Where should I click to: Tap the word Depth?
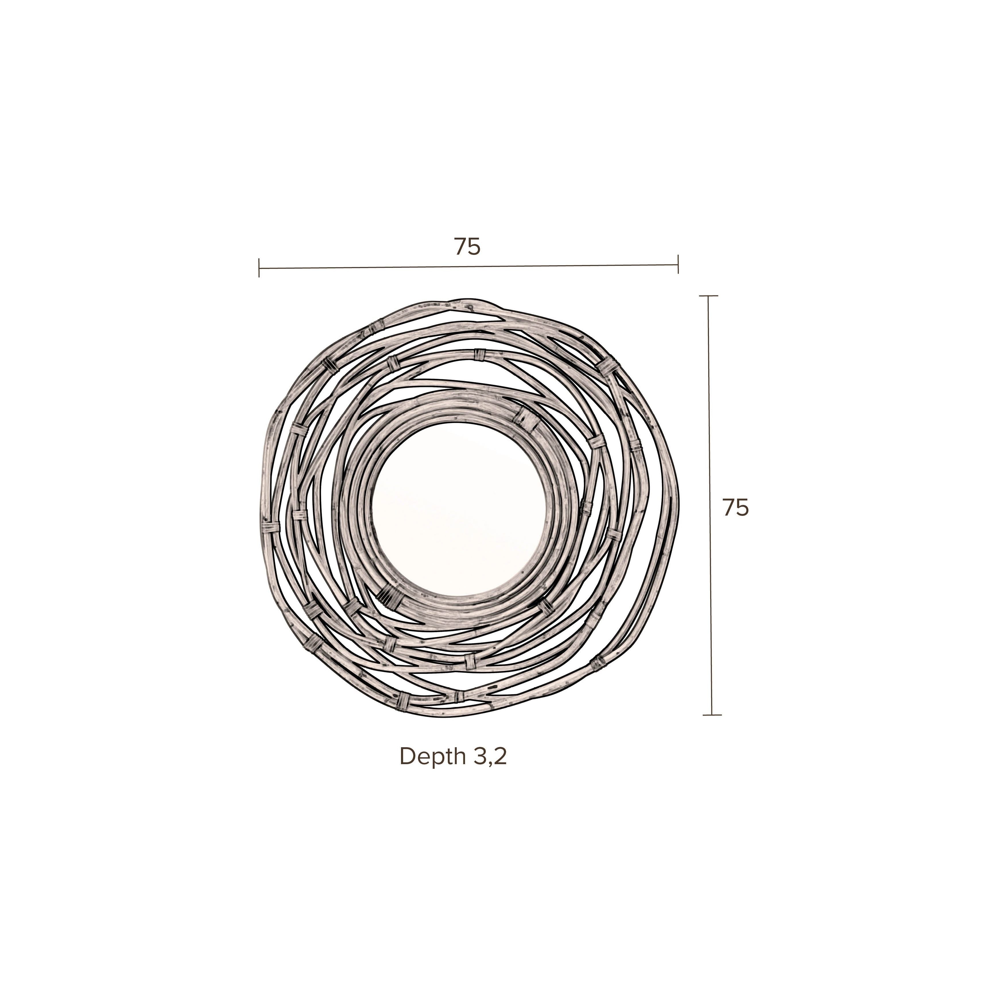[x=433, y=756]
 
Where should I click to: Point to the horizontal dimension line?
[x=468, y=267]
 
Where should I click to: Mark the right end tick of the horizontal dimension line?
[x=677, y=264]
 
